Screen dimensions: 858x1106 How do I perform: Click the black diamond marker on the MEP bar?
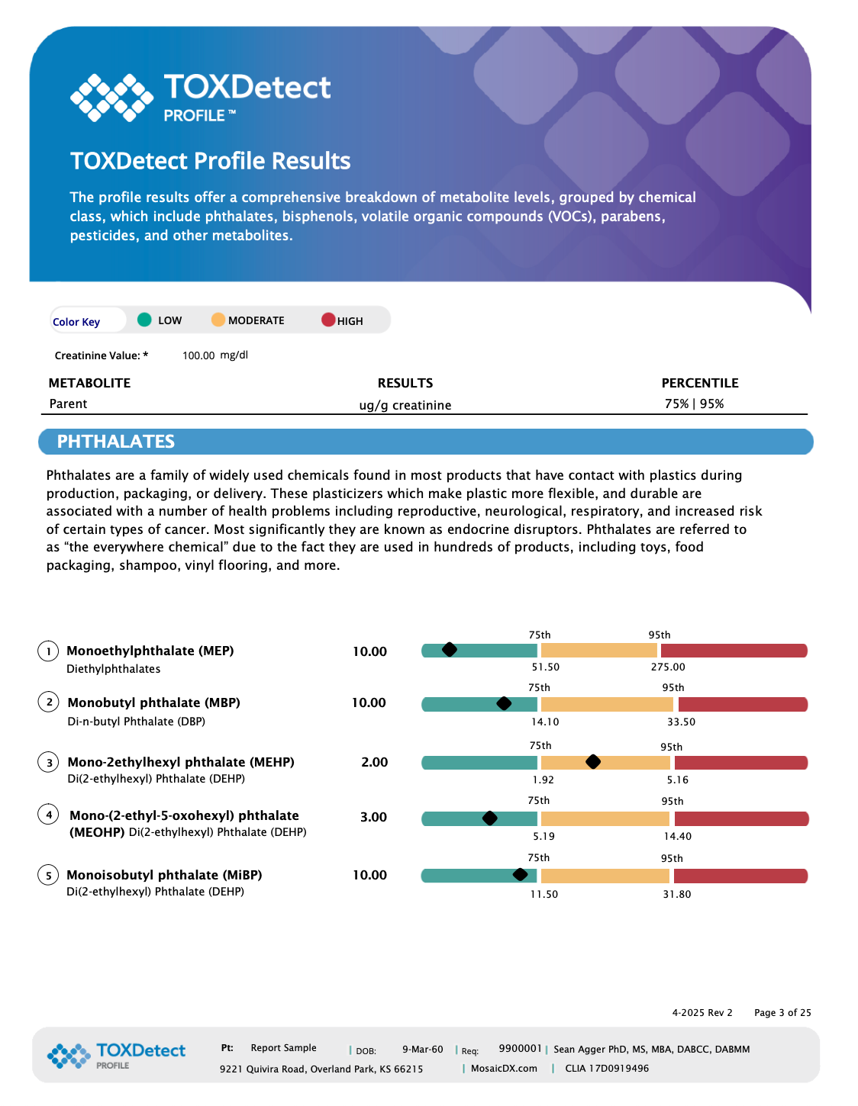coord(449,649)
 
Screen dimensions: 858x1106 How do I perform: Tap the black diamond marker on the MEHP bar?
coord(592,761)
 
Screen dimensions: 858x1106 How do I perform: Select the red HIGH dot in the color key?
coord(328,320)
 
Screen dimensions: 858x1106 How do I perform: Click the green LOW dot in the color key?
coord(144,320)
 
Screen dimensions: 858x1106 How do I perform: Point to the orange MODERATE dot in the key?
coord(218,320)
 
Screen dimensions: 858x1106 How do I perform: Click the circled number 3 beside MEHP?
coord(48,762)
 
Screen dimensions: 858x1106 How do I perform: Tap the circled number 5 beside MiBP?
coord(48,875)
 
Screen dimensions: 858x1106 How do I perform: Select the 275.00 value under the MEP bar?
coord(668,667)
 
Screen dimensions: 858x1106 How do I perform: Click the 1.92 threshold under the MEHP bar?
coord(543,780)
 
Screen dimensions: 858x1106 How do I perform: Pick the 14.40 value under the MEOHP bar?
coord(677,836)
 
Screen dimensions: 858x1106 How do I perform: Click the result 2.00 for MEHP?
coord(374,762)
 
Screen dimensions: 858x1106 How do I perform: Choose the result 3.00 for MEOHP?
coord(373,817)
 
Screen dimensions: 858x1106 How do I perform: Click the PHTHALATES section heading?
coord(115,442)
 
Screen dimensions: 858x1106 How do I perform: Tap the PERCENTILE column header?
coord(700,383)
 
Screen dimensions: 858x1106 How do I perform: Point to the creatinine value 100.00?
coord(198,355)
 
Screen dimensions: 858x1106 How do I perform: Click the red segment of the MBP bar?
coord(743,705)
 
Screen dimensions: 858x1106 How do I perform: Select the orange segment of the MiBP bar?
coord(605,876)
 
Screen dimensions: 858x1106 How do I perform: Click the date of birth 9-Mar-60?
coord(423,1049)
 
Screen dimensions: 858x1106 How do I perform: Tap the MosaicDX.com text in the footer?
coord(504,1069)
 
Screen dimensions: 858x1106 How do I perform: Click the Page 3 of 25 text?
coord(782,1012)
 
